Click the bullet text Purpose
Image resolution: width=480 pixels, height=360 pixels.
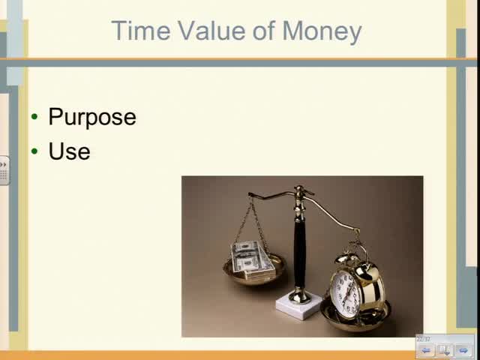coord(92,118)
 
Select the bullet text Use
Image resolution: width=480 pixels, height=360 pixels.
coord(69,151)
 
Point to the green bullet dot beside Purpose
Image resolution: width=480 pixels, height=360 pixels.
coord(34,117)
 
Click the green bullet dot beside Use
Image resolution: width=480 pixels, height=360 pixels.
coord(34,151)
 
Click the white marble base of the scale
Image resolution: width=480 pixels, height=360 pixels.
coord(298,304)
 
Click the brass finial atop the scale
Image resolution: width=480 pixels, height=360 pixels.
coord(299,191)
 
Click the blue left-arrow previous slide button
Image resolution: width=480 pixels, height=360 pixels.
coord(426,350)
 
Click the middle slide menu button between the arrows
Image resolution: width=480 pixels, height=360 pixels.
coord(445,350)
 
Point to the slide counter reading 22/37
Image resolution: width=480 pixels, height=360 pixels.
coord(424,339)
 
